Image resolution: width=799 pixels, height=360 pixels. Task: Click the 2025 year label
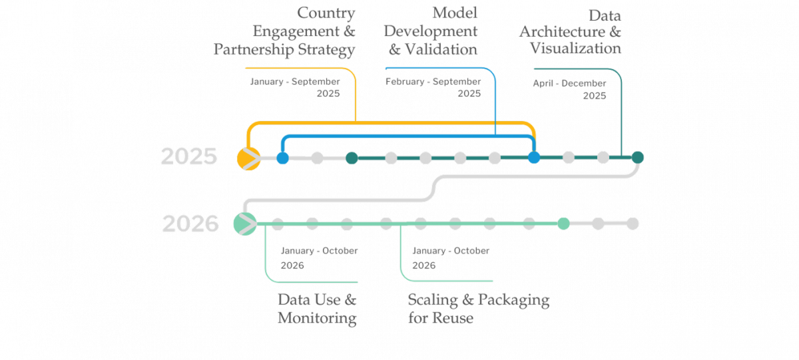tap(189, 157)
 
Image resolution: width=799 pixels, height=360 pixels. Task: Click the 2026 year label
tap(190, 224)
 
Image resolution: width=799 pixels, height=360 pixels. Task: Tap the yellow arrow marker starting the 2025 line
tap(247, 158)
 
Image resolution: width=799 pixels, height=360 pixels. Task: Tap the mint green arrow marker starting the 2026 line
tap(244, 223)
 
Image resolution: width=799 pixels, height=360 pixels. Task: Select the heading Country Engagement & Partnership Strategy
tap(284, 31)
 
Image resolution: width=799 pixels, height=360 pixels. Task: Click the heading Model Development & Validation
tap(431, 31)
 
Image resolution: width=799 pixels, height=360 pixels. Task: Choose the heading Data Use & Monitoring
tap(317, 308)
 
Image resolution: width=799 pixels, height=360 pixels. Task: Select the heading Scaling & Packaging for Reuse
tap(478, 308)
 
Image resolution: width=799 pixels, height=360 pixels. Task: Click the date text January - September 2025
tap(295, 87)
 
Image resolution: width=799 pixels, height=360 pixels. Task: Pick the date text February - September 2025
tap(433, 87)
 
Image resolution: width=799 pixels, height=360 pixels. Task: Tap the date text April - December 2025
tap(569, 89)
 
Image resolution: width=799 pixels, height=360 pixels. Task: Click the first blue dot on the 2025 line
tap(282, 158)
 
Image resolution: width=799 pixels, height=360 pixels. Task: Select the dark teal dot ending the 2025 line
tap(637, 157)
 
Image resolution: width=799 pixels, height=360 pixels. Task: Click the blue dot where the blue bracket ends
tap(533, 158)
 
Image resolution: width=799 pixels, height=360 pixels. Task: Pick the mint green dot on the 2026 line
tap(563, 224)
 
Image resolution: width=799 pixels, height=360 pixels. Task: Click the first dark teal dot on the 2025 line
tap(352, 158)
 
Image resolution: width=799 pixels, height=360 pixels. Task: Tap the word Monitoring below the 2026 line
tap(317, 318)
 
